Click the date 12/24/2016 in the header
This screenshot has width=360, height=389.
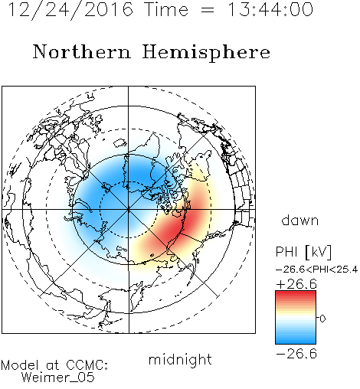[x=70, y=10]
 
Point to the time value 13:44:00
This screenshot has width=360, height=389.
[x=270, y=10]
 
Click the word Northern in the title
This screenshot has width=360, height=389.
[x=82, y=52]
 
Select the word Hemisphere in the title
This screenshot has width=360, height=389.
[x=206, y=53]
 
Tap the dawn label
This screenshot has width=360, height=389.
[x=300, y=221]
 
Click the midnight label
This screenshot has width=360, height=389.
[x=180, y=359]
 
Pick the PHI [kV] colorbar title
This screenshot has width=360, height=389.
[x=303, y=252]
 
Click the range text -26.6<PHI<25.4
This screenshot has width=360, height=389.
[x=316, y=270]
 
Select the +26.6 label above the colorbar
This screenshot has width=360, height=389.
[x=296, y=284]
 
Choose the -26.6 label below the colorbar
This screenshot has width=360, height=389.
[x=296, y=354]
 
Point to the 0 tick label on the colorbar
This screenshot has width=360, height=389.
[x=322, y=319]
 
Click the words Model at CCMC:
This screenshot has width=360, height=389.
[x=54, y=365]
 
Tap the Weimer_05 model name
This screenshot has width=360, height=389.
[x=58, y=378]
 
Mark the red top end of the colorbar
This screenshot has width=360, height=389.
[x=296, y=293]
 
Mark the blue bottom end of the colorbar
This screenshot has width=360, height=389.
[x=296, y=342]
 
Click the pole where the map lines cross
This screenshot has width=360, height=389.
[x=129, y=210]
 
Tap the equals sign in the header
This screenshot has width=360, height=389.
[x=208, y=11]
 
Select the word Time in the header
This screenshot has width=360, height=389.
[x=166, y=10]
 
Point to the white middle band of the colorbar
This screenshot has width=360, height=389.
[x=296, y=318]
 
